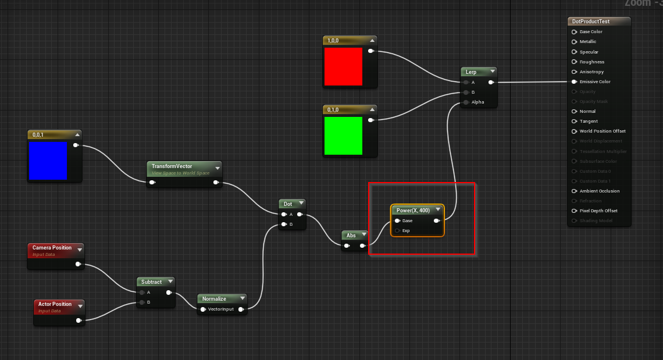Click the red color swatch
[x=343, y=66]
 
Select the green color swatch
[x=343, y=136]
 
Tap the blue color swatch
[x=48, y=161]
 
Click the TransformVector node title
[x=172, y=166]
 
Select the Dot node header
[x=288, y=204]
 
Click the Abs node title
[x=351, y=235]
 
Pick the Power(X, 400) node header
[x=413, y=210]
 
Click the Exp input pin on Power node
[x=397, y=231]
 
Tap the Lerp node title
[x=471, y=72]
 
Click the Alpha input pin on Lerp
[x=466, y=102]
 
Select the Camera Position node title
[x=52, y=248]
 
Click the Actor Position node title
[x=55, y=304]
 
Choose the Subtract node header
[x=151, y=282]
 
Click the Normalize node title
[x=214, y=299]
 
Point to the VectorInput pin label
[x=220, y=309]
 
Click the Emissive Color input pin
[x=574, y=82]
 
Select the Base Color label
[x=591, y=32]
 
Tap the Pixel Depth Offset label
[x=598, y=211]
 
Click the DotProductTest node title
[x=591, y=22]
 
